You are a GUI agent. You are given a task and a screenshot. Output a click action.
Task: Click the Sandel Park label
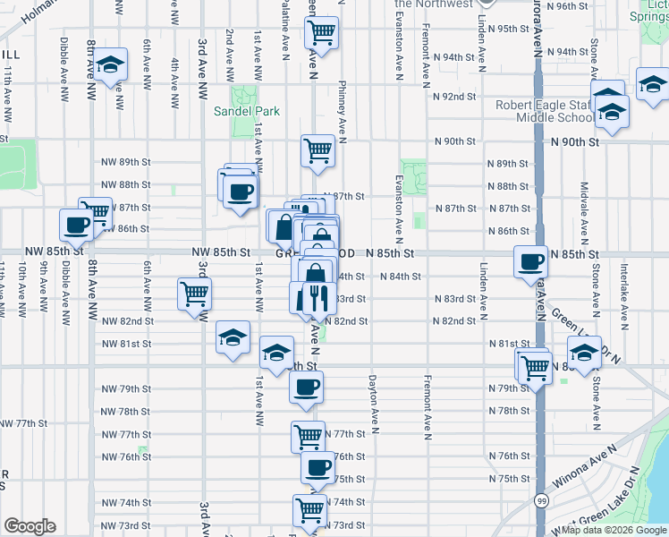[x=246, y=112]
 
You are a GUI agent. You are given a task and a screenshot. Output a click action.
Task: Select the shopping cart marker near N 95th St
[x=320, y=34]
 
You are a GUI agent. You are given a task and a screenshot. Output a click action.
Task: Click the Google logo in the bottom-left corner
[x=30, y=526]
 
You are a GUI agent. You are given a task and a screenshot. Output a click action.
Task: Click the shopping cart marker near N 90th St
[x=318, y=151]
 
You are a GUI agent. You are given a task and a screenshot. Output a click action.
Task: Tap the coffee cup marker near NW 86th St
[x=76, y=226]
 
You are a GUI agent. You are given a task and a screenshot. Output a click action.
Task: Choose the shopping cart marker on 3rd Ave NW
[x=194, y=294]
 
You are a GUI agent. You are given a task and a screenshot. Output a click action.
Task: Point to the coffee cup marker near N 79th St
[x=306, y=387]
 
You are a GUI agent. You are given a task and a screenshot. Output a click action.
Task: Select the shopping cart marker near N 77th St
[x=308, y=436]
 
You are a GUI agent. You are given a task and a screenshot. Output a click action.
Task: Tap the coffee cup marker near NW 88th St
[x=239, y=191]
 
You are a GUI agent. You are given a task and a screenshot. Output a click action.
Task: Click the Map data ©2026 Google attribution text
[x=613, y=530]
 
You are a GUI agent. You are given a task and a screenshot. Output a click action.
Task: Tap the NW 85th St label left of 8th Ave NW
[x=54, y=252]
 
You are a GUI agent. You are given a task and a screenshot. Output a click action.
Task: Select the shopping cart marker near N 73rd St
[x=309, y=510]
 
